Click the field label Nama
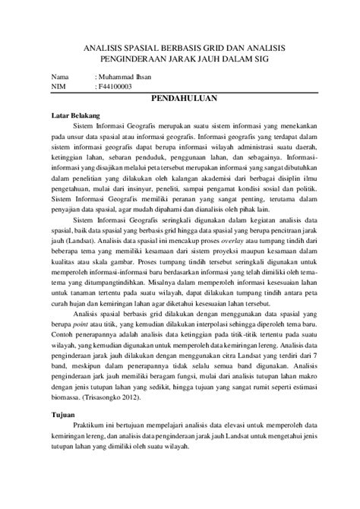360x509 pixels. point(60,77)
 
